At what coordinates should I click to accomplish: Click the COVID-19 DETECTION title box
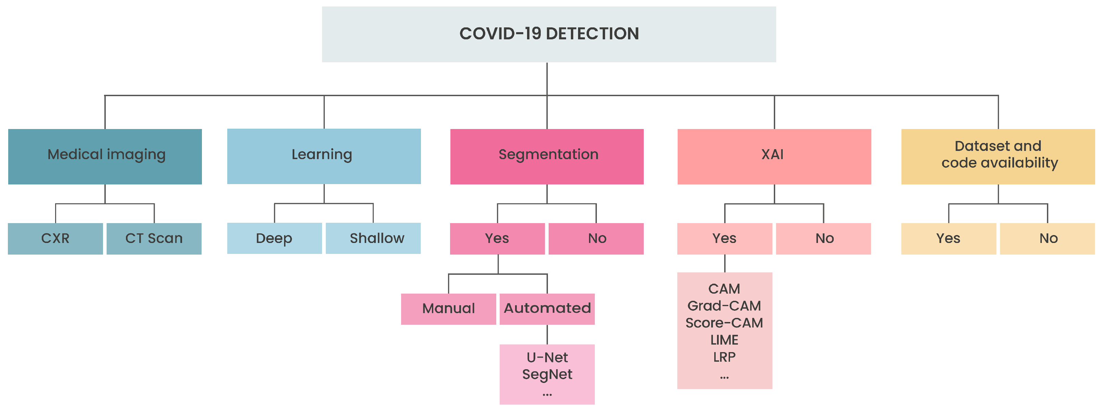click(x=549, y=34)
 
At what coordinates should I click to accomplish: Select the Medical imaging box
click(x=105, y=156)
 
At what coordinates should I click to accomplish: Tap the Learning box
click(x=323, y=156)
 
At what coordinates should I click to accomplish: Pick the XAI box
click(x=774, y=156)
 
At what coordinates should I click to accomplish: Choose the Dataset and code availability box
click(x=998, y=156)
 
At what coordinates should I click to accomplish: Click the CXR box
click(x=55, y=239)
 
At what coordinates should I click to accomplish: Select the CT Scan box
click(x=154, y=239)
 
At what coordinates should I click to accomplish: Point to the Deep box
click(x=274, y=239)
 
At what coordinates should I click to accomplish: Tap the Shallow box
click(x=373, y=239)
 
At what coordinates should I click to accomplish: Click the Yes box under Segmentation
click(x=497, y=239)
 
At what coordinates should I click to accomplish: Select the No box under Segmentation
click(x=596, y=239)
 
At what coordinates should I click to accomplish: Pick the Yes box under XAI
click(x=725, y=239)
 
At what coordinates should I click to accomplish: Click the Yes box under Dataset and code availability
click(x=948, y=239)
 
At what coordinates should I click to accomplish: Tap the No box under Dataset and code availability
click(x=1047, y=239)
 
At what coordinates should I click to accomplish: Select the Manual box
click(x=448, y=309)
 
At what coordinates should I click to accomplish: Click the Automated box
click(x=547, y=309)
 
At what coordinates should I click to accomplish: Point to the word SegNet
click(x=547, y=374)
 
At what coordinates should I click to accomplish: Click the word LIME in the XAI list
click(x=725, y=340)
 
